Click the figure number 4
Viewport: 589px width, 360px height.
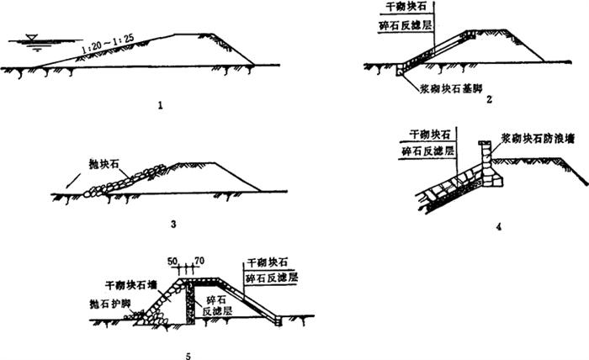tap(499, 228)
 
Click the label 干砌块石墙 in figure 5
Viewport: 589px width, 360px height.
tap(126, 286)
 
